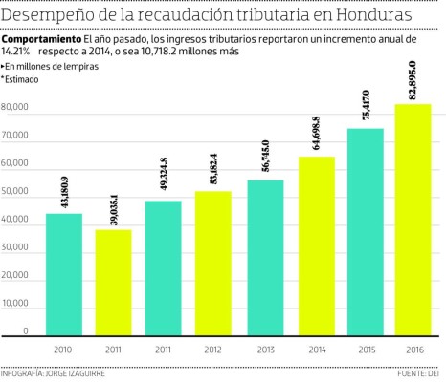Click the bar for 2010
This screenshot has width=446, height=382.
pos(64,275)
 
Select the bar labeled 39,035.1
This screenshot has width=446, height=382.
pos(114,284)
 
